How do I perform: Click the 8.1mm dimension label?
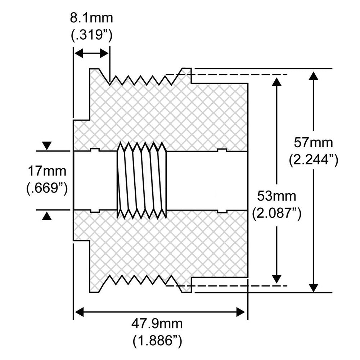click(91, 18)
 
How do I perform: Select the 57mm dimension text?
click(313, 143)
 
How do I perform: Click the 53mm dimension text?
click(276, 197)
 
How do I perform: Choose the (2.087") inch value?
click(276, 213)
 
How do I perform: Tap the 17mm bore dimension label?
click(47, 170)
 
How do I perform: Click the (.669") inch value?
click(47, 187)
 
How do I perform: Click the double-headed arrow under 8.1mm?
click(91, 54)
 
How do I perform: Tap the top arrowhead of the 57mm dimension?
click(314, 76)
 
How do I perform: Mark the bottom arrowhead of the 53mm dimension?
click(276, 278)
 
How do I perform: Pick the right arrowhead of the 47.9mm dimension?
click(241, 312)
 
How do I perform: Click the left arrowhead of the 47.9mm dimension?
click(79, 312)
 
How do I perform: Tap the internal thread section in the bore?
click(141, 180)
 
